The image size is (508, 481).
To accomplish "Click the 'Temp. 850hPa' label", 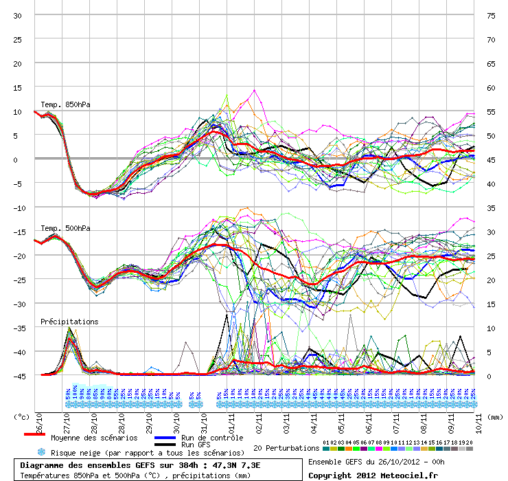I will click(x=65, y=105).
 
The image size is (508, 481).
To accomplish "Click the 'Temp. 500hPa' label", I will click(x=65, y=228).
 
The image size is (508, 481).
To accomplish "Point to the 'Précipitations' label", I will click(x=69, y=322).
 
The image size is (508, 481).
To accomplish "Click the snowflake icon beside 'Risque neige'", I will click(x=41, y=452).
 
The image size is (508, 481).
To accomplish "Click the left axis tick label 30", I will click(x=17, y=16).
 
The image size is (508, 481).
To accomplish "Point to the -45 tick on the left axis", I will click(x=15, y=376).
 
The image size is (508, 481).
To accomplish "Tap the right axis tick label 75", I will click(x=490, y=16).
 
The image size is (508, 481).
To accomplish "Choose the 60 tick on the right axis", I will click(x=490, y=88).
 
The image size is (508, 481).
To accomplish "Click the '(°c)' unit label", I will click(x=22, y=416).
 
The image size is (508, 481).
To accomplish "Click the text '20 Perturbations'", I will click(x=286, y=448).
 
